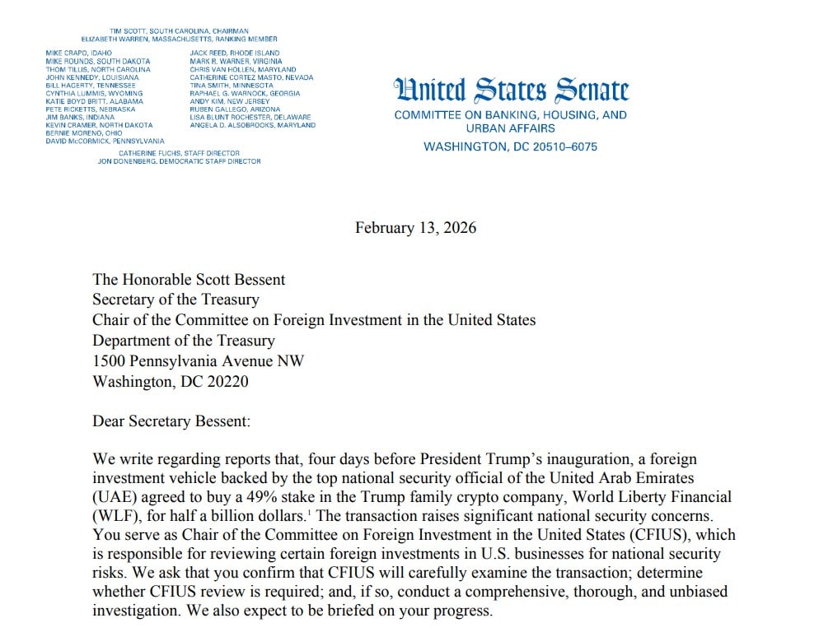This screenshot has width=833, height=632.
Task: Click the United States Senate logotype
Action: (x=511, y=91)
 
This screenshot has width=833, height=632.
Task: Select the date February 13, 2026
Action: (x=415, y=227)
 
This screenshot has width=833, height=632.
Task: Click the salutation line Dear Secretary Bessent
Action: (x=171, y=421)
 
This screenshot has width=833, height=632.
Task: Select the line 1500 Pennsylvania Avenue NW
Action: (x=198, y=360)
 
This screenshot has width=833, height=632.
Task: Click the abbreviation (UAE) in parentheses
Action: (x=112, y=498)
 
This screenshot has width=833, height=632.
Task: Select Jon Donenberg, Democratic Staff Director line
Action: (x=179, y=161)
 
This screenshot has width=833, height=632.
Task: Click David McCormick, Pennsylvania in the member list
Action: (x=105, y=141)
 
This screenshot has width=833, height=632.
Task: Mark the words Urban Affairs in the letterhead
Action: (x=510, y=128)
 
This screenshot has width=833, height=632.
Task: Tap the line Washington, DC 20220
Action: (x=171, y=381)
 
